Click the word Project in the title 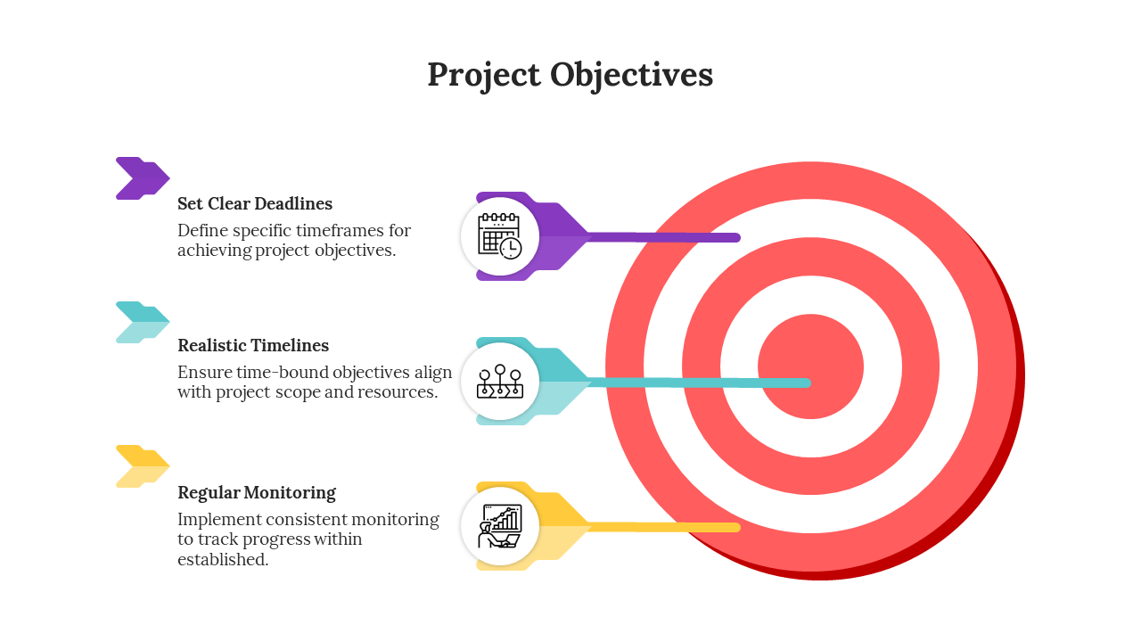pyautogui.click(x=483, y=76)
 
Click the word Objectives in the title pyautogui.click(x=632, y=74)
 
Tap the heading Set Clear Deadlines pyautogui.click(x=255, y=204)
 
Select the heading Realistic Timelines pyautogui.click(x=253, y=345)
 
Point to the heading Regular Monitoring pyautogui.click(x=257, y=493)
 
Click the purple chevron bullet pyautogui.click(x=143, y=178)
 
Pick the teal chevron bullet pyautogui.click(x=143, y=323)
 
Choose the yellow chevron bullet pyautogui.click(x=143, y=466)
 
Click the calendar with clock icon pyautogui.click(x=500, y=236)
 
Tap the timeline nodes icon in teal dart pyautogui.click(x=500, y=381)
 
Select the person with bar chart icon pyautogui.click(x=500, y=526)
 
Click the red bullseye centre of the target pyautogui.click(x=810, y=366)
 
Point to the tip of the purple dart pyautogui.click(x=739, y=237)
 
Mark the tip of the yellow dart pyautogui.click(x=739, y=527)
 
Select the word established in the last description pyautogui.click(x=223, y=559)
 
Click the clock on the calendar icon pyautogui.click(x=511, y=249)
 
